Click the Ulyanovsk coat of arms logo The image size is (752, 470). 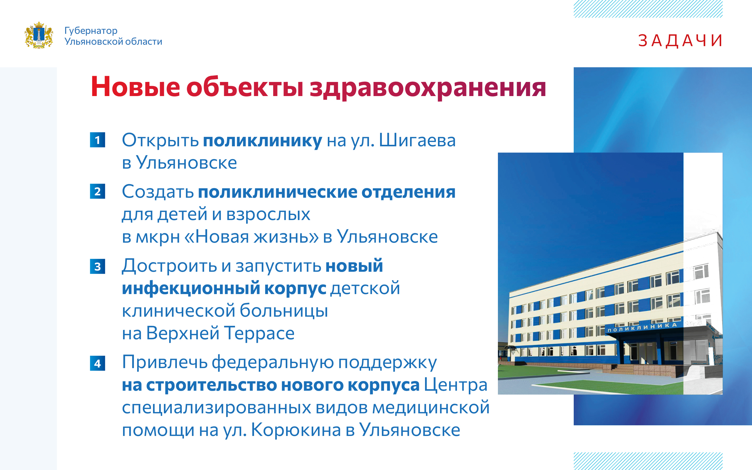pyautogui.click(x=39, y=35)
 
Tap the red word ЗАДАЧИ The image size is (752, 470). pyautogui.click(x=680, y=41)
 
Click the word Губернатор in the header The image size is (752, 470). pyautogui.click(x=91, y=31)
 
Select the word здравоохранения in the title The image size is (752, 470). pyautogui.click(x=428, y=88)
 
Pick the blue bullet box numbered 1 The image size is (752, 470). pyautogui.click(x=98, y=140)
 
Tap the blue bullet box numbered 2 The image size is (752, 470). pyautogui.click(x=98, y=191)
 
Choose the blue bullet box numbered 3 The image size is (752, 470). pyautogui.click(x=98, y=266)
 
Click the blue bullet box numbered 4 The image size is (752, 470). pyautogui.click(x=98, y=363)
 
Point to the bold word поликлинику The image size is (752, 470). pyautogui.click(x=263, y=141)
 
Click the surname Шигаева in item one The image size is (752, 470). pyautogui.click(x=417, y=140)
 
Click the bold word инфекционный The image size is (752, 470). pyautogui.click(x=191, y=288)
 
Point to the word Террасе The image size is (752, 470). pyautogui.click(x=259, y=333)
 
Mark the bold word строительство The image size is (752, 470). pyautogui.click(x=211, y=385)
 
